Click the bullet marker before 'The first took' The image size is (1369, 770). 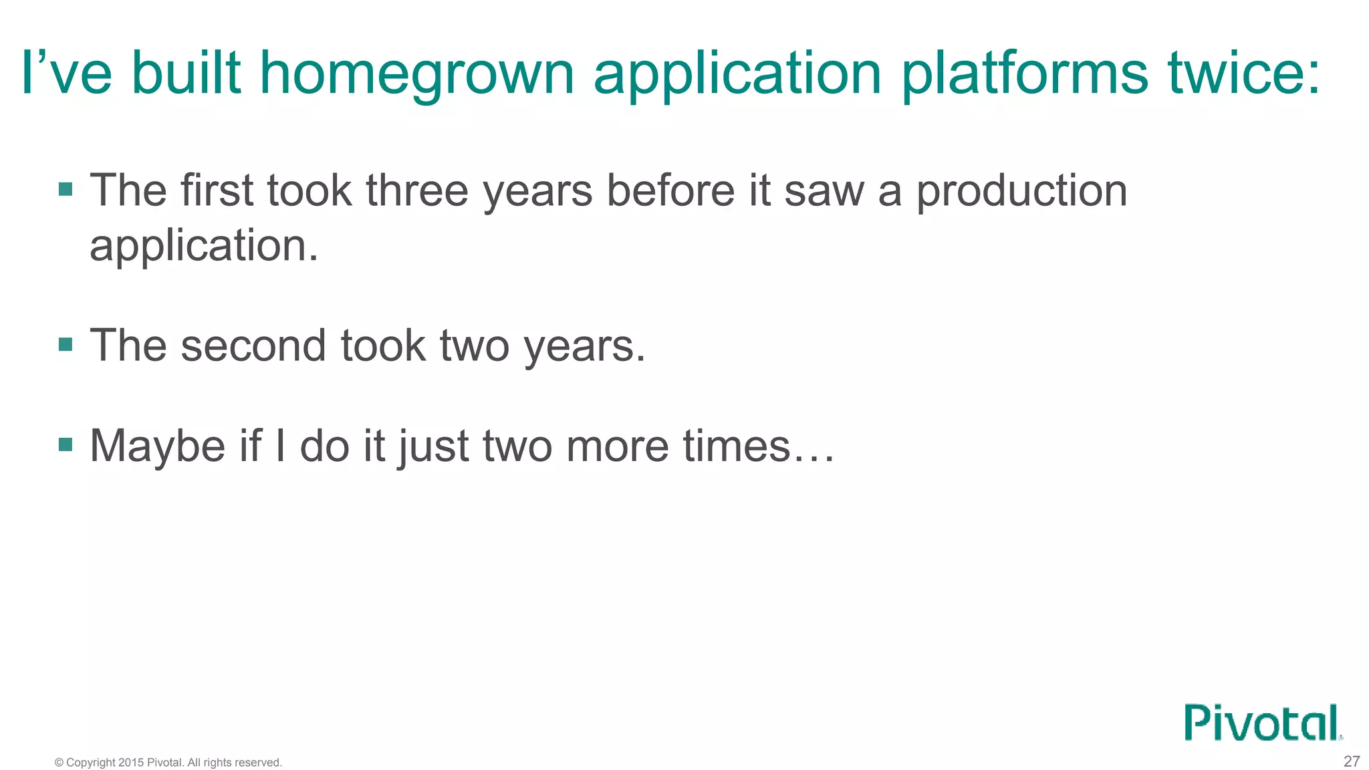(x=66, y=190)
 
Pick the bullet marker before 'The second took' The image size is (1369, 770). (x=66, y=345)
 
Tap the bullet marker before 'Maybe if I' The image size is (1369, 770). (x=66, y=445)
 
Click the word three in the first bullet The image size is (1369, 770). (x=416, y=190)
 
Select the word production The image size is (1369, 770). (x=1021, y=192)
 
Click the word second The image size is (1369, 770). (x=253, y=346)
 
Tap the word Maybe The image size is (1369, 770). (x=158, y=446)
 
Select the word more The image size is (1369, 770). (x=617, y=446)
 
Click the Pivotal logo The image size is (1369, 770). (x=1263, y=723)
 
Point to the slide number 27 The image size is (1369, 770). (x=1351, y=761)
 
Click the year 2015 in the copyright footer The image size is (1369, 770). (x=131, y=763)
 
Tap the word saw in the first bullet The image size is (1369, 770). (x=824, y=191)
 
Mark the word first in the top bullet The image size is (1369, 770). (x=217, y=190)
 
